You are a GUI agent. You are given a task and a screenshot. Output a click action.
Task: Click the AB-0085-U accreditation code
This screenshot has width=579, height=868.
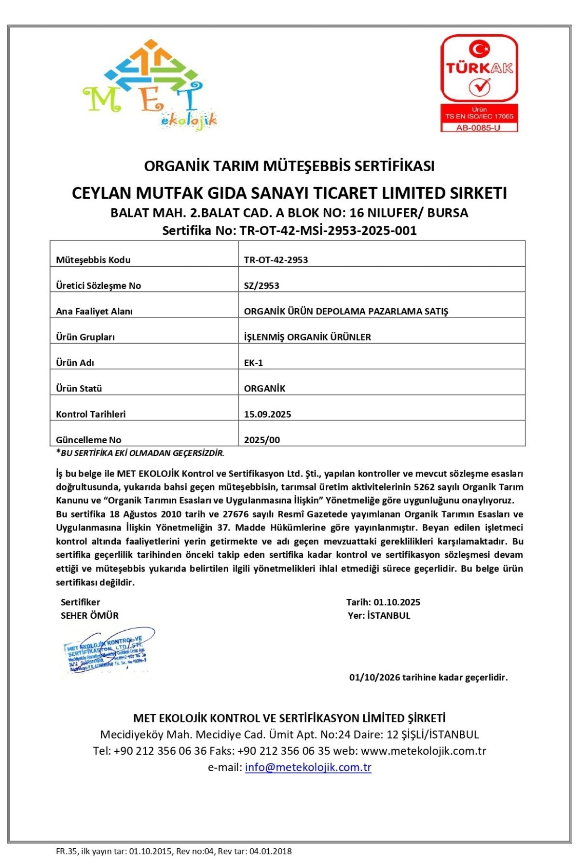(479, 128)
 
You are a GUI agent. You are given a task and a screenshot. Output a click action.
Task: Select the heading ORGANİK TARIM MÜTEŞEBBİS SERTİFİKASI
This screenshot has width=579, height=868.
(289, 166)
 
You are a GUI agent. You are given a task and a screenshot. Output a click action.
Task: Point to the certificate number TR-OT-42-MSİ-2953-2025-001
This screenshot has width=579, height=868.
(328, 231)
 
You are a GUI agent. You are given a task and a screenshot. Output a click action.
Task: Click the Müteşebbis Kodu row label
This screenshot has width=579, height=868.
(93, 260)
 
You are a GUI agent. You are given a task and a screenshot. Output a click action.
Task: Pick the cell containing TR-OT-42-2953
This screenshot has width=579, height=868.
(276, 260)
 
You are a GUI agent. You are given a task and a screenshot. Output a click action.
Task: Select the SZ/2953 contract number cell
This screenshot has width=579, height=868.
(262, 285)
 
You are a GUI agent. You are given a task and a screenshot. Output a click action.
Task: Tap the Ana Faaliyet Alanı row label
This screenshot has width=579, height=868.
(94, 311)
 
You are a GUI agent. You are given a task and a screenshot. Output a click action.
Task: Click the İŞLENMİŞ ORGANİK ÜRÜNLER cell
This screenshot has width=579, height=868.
(307, 337)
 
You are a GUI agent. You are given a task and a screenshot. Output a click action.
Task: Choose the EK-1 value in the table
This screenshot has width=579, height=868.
(253, 363)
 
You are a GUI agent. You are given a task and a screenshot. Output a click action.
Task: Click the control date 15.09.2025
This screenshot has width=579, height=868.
(267, 414)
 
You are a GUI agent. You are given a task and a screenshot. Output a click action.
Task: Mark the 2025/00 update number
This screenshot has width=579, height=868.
(262, 440)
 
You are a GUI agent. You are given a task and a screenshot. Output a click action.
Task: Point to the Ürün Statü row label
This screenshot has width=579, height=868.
(79, 388)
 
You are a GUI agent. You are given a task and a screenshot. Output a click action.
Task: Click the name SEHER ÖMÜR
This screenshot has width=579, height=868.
(90, 615)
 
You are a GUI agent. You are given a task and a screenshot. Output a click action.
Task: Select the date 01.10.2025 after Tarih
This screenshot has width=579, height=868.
(397, 602)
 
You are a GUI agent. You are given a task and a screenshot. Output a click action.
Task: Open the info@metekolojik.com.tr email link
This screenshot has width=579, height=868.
(308, 767)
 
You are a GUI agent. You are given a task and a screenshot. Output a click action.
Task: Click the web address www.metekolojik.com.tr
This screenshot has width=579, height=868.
(423, 751)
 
